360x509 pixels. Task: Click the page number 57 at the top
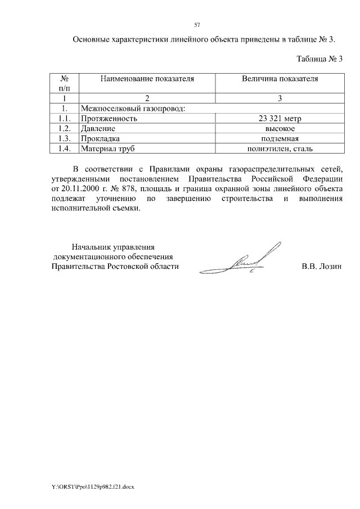(x=197, y=25)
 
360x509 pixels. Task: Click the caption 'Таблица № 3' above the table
(x=319, y=58)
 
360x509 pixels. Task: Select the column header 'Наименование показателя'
(x=147, y=79)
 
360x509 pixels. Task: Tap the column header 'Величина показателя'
(x=280, y=79)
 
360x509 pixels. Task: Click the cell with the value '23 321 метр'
(x=280, y=119)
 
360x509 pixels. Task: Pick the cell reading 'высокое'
(x=280, y=129)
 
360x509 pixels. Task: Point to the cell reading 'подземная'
(x=280, y=139)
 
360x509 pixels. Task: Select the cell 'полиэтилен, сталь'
(x=280, y=149)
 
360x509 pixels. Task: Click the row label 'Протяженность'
(x=109, y=119)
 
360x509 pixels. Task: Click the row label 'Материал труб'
(x=109, y=149)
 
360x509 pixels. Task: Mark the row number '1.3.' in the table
(x=64, y=139)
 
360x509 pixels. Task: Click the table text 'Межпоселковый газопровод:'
(x=133, y=109)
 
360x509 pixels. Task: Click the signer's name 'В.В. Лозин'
(x=322, y=267)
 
